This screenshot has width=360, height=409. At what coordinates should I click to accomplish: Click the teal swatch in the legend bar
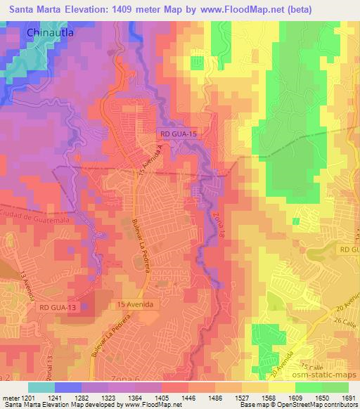[x=41, y=387]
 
